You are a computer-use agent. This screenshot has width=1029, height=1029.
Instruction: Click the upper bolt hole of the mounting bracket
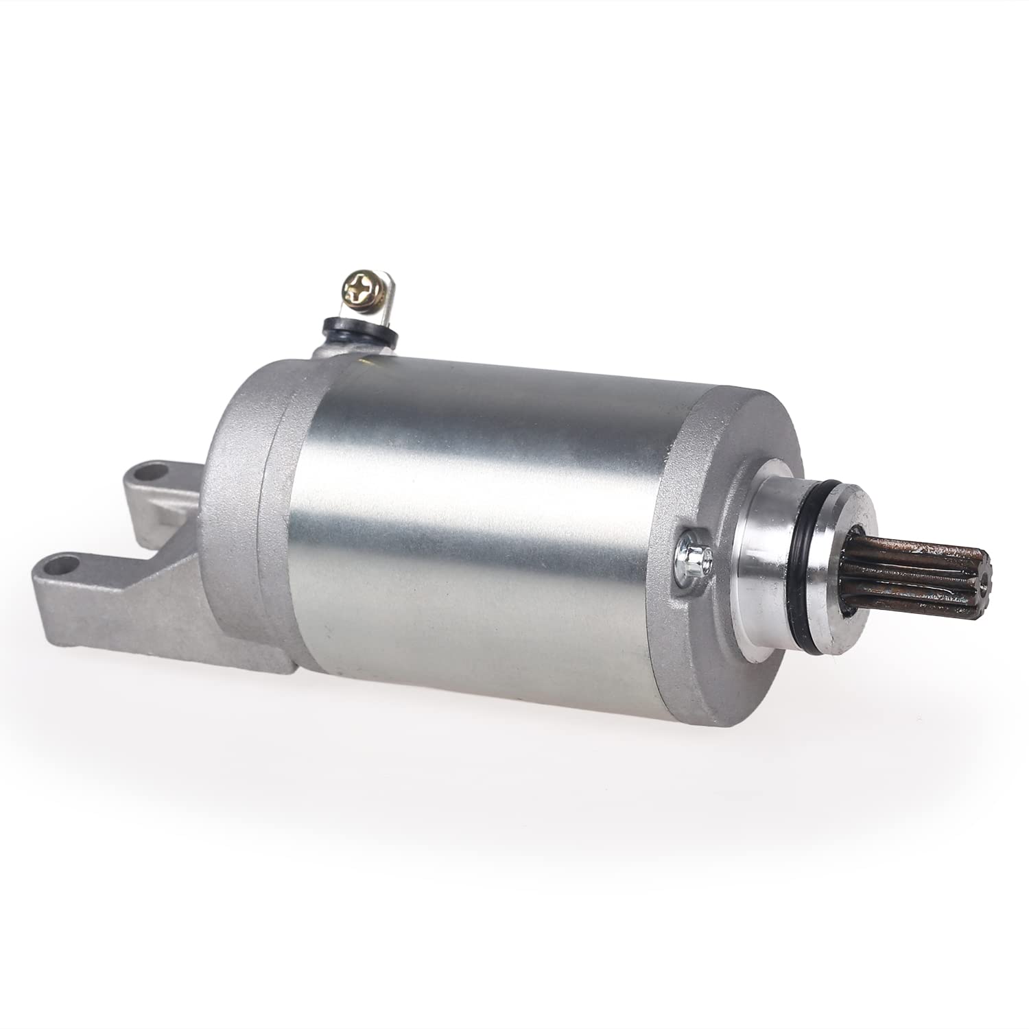[152, 474]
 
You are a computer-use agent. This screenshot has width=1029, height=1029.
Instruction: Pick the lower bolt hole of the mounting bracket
[62, 567]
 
